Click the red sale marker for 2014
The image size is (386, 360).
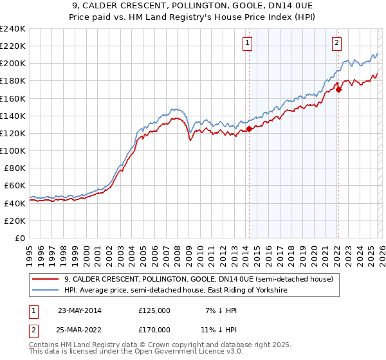pyautogui.click(x=249, y=129)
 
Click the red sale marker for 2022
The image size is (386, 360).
pyautogui.click(x=338, y=89)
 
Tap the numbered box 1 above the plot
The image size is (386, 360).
pyautogui.click(x=248, y=44)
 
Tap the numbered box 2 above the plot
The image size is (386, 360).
pyautogui.click(x=336, y=44)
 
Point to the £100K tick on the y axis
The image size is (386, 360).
pyautogui.click(x=13, y=150)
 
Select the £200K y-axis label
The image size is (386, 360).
pyautogui.click(x=13, y=64)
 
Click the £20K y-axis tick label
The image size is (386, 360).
pyautogui.click(x=15, y=221)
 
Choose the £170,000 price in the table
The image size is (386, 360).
pyautogui.click(x=154, y=330)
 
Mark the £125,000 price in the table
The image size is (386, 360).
pyautogui.click(x=154, y=310)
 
